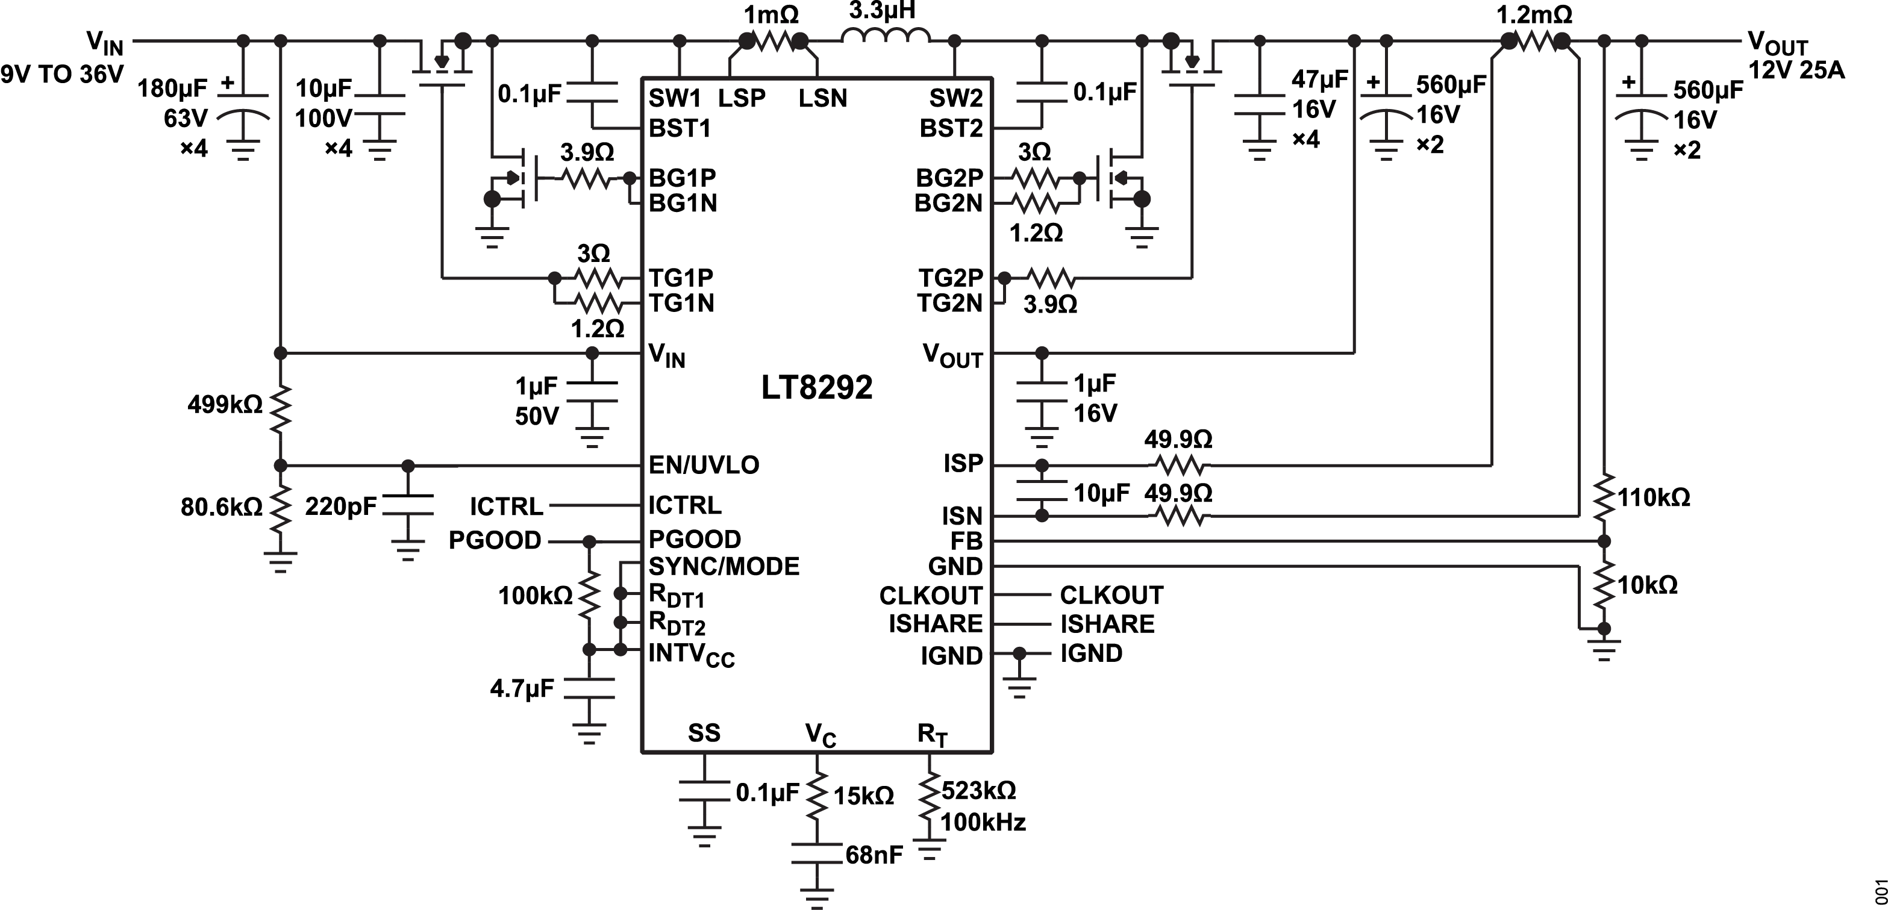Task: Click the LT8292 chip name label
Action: tap(816, 387)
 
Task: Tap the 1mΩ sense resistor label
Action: tap(771, 14)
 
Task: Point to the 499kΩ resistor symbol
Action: tap(280, 409)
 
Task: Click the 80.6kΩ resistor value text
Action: tap(221, 507)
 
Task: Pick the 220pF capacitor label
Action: tap(341, 505)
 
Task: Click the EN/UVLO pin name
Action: tap(704, 464)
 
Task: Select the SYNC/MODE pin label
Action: tap(724, 566)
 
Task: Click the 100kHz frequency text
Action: tap(982, 822)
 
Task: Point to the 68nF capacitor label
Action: tap(874, 855)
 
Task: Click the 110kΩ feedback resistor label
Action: tap(1654, 498)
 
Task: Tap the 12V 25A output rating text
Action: tap(1796, 70)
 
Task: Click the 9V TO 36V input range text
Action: tap(62, 74)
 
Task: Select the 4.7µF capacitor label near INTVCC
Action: tap(522, 689)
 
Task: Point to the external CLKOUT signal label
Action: tap(1111, 595)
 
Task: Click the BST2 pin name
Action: tap(951, 128)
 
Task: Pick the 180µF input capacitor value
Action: tap(173, 89)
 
